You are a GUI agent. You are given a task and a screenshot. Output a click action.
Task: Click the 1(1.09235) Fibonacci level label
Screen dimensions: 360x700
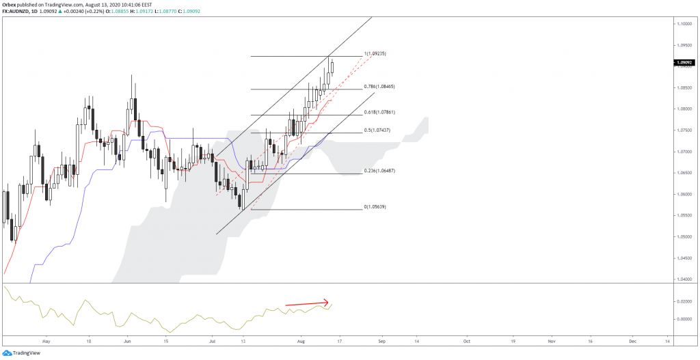(x=377, y=53)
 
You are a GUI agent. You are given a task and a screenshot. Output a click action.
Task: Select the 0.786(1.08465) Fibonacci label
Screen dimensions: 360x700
(x=380, y=87)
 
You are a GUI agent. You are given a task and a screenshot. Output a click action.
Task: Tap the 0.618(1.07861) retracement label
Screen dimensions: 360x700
(x=380, y=111)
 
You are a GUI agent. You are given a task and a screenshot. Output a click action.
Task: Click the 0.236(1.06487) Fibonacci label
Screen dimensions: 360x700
(x=379, y=171)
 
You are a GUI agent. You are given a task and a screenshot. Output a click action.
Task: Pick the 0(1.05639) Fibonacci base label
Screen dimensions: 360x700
(x=377, y=206)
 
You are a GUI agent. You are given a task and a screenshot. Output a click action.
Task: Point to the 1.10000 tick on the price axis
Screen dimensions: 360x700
(x=685, y=24)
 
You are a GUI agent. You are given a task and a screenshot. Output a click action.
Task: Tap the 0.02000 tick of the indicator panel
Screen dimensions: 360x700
(x=685, y=301)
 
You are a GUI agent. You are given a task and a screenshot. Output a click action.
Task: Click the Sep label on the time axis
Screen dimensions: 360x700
(x=382, y=340)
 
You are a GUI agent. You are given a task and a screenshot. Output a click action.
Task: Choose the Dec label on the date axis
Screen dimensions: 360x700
(x=632, y=340)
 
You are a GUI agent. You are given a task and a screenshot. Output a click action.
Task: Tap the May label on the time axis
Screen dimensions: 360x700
(x=46, y=340)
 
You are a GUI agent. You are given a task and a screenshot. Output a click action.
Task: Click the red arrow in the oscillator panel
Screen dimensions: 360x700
(x=307, y=303)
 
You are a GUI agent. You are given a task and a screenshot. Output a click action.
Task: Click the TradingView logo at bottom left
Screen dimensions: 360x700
(x=22, y=352)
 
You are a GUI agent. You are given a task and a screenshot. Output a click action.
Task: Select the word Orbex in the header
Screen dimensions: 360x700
(x=10, y=4)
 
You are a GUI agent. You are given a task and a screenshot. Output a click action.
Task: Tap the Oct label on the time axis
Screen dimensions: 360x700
(x=466, y=340)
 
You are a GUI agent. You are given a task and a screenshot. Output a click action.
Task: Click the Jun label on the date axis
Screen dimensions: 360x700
(x=126, y=340)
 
